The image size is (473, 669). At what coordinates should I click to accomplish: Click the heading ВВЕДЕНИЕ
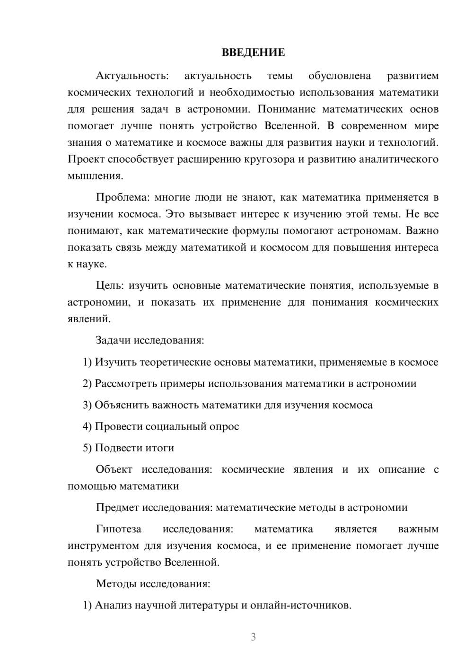[x=253, y=53]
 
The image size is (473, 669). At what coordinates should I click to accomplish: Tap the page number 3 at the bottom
[x=253, y=637]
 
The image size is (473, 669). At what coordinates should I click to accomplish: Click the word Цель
[x=110, y=285]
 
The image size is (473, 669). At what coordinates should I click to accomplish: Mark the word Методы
[x=116, y=583]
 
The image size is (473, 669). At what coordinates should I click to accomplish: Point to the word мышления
[x=95, y=176]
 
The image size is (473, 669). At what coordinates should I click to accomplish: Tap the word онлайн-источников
[x=300, y=605]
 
